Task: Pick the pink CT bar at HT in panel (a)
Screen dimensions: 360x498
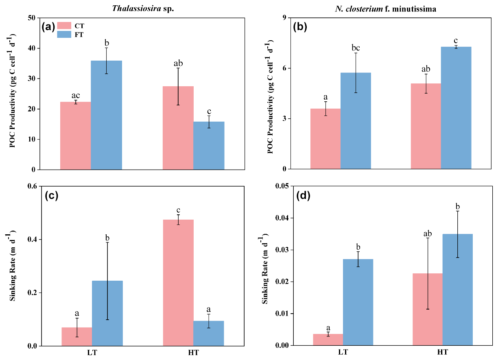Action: [x=178, y=128]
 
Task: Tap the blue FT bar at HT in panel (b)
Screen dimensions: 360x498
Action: [x=456, y=108]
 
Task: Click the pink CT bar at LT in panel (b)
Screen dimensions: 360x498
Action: [x=325, y=139]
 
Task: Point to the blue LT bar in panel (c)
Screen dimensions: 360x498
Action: [x=107, y=313]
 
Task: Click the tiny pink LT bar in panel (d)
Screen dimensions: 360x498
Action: [x=328, y=340]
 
